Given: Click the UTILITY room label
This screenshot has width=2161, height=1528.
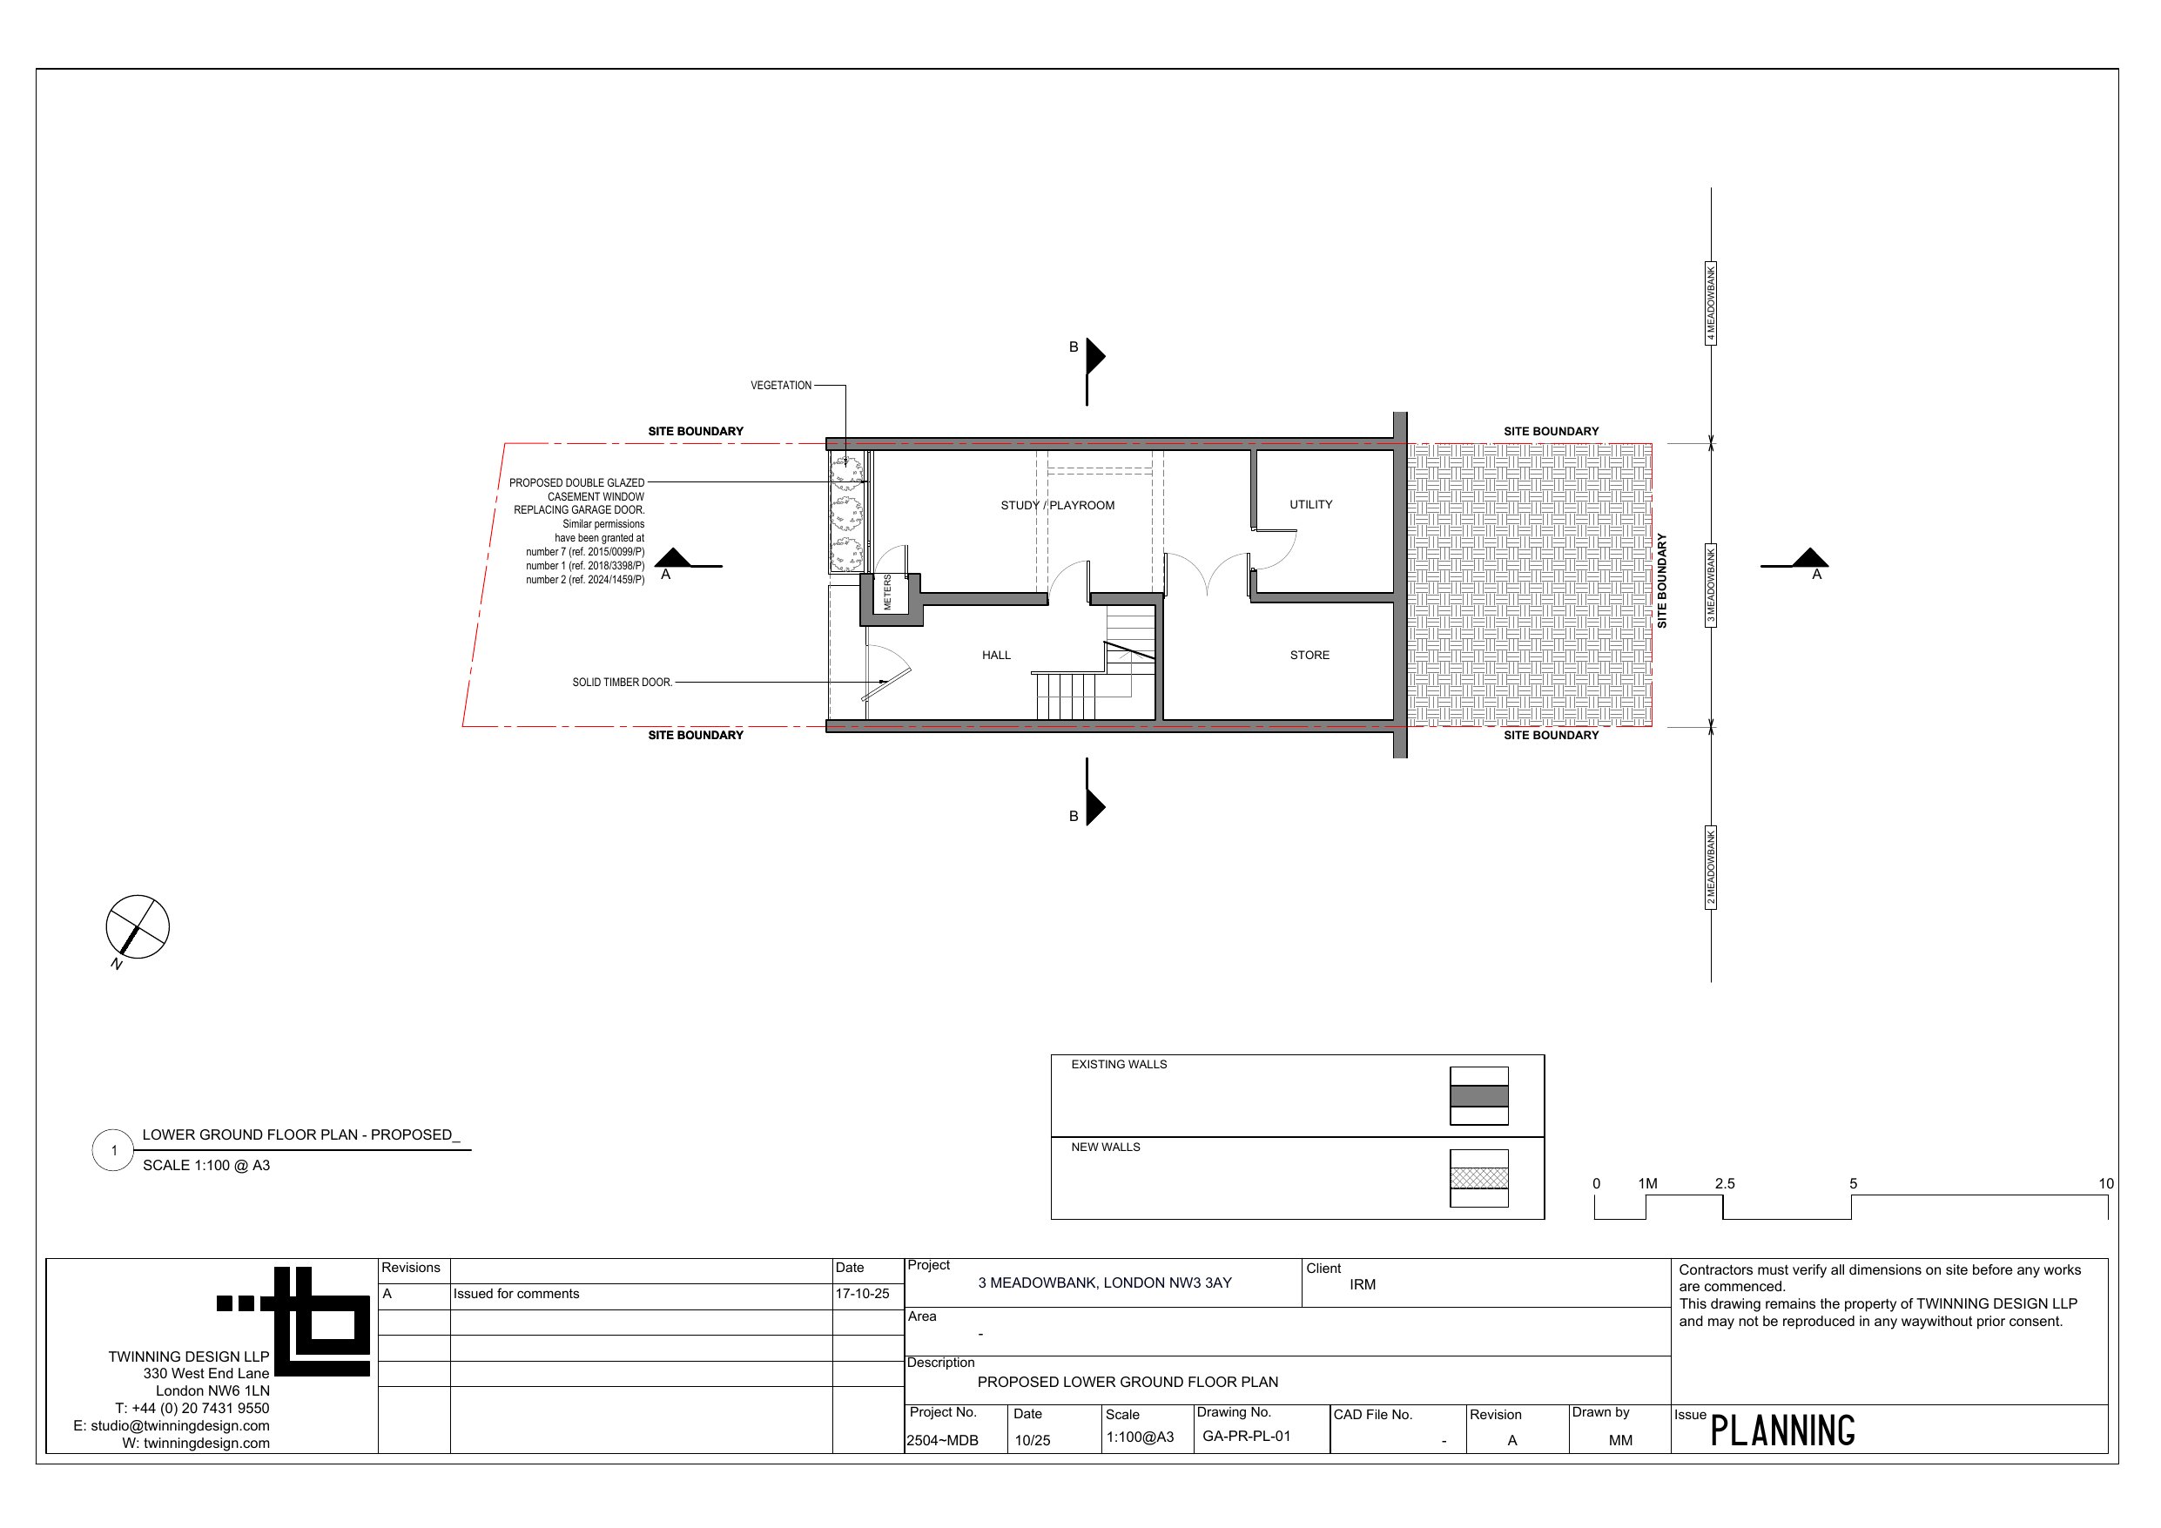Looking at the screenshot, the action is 1310,505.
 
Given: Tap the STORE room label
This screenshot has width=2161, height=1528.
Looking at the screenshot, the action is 1309,656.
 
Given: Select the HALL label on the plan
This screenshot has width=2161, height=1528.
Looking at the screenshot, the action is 996,656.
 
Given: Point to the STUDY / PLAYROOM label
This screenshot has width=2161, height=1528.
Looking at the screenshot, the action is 1057,506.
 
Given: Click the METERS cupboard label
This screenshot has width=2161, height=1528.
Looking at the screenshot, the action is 887,592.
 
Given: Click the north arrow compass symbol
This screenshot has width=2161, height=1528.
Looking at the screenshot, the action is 138,927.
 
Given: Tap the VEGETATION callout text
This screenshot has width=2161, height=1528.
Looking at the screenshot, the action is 780,385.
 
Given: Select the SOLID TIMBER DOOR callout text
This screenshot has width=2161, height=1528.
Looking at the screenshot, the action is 623,683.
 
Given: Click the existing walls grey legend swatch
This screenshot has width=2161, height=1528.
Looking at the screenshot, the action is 1478,1096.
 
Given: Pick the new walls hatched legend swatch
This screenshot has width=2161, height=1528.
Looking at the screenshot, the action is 1478,1178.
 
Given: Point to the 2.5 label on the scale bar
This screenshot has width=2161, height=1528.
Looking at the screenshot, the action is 1724,1183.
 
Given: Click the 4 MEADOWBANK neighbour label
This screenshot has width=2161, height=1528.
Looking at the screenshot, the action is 1711,303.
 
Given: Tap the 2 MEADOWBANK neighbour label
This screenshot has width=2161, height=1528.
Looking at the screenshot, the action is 1711,867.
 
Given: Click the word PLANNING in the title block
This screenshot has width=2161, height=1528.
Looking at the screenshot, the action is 1781,1431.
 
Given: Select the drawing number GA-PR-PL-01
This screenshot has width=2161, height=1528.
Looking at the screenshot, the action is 1246,1437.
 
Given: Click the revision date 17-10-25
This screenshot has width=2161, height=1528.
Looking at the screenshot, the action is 862,1294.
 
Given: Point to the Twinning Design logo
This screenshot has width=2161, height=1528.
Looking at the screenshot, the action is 293,1321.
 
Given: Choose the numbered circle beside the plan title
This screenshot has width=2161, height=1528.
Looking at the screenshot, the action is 113,1150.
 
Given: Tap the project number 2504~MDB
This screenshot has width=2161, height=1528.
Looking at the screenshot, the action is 942,1440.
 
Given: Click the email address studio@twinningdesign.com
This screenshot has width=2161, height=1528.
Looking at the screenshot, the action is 179,1426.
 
